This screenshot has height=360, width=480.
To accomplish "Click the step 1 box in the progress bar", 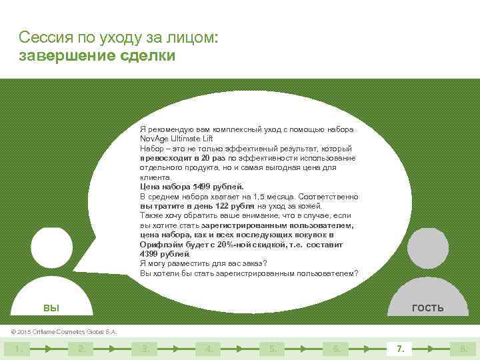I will tap(17, 348).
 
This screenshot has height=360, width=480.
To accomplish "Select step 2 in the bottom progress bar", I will tap(81, 348).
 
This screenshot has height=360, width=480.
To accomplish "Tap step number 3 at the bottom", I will tap(145, 348).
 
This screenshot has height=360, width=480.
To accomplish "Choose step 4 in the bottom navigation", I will tap(209, 348).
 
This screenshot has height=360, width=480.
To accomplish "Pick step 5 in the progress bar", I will tap(273, 348).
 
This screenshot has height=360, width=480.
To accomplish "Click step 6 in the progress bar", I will tap(337, 348).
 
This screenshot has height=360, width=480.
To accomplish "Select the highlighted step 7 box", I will tap(401, 348).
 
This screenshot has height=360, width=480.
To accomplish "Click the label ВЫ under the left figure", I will tap(51, 307).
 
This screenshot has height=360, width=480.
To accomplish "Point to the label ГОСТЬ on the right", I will tap(427, 307).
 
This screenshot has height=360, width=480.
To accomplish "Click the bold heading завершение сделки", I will tap(97, 55).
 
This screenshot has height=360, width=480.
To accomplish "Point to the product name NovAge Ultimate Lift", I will tap(176, 138).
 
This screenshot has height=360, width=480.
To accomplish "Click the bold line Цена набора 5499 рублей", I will tap(192, 187).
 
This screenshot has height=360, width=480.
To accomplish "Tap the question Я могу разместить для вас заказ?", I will tap(203, 263).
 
